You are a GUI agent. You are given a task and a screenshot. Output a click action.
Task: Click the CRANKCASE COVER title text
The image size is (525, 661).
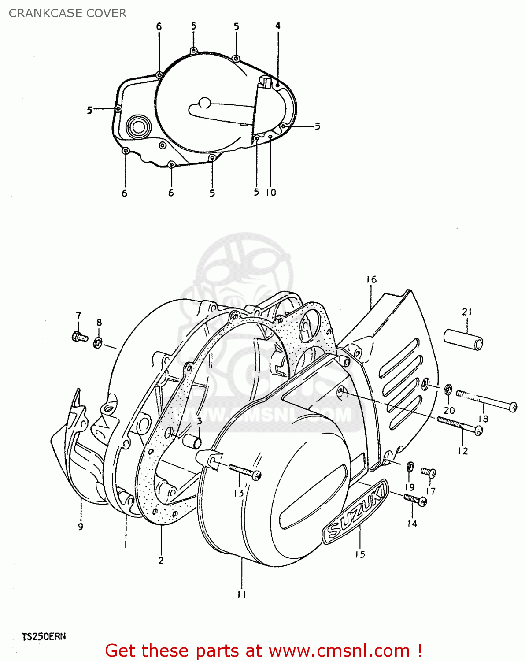tap(67, 13)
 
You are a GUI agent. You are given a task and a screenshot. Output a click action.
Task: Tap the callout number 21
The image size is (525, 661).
tap(467, 312)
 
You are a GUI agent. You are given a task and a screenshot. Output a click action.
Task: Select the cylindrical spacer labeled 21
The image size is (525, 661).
tap(463, 338)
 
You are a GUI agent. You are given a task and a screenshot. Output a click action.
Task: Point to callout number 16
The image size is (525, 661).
tap(371, 279)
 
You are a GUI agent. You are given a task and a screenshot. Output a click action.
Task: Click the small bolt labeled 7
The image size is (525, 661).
tap(79, 337)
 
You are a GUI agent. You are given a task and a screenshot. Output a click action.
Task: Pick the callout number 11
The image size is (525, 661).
tap(241, 594)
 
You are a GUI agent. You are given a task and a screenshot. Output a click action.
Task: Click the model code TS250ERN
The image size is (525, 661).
tap(44, 636)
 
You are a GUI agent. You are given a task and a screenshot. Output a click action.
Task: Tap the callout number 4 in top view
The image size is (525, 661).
tap(278, 26)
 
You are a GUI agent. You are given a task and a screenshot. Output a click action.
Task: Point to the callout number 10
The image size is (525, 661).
tap(271, 193)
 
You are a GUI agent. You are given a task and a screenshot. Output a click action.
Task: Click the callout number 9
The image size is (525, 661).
tap(81, 527)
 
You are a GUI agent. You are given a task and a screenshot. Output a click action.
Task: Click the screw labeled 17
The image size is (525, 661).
tap(428, 472)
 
